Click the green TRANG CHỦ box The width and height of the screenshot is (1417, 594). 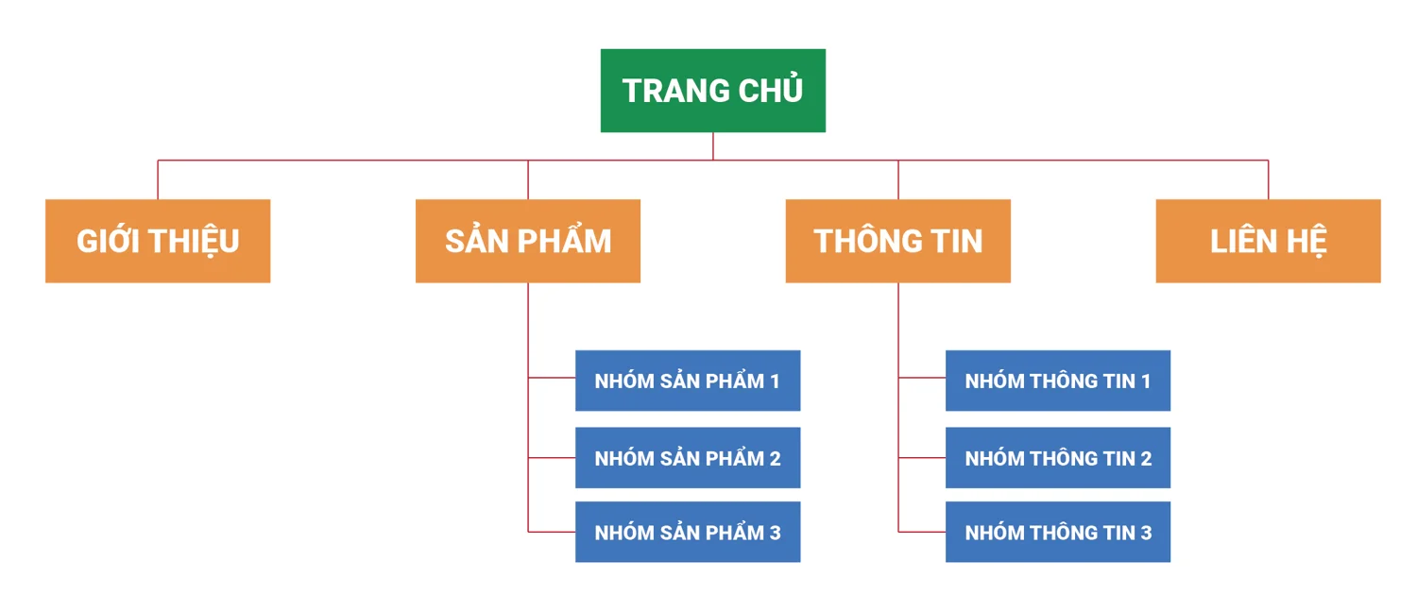click(x=713, y=91)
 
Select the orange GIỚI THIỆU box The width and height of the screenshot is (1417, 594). click(x=158, y=241)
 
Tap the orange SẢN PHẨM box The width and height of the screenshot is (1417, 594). click(x=527, y=241)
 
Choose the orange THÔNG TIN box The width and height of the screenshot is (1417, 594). click(x=897, y=241)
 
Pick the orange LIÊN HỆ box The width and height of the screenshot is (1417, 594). click(x=1269, y=241)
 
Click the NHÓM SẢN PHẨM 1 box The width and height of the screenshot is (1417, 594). click(x=688, y=381)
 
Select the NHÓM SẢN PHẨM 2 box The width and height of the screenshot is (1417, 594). click(x=688, y=457)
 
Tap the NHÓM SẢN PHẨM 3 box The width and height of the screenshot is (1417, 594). click(x=688, y=532)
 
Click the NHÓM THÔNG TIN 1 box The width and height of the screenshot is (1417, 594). click(x=1058, y=381)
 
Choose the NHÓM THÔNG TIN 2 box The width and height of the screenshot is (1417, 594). click(x=1058, y=457)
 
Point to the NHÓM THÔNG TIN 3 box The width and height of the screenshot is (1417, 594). click(x=1058, y=532)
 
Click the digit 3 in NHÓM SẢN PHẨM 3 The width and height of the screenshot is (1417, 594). click(x=775, y=533)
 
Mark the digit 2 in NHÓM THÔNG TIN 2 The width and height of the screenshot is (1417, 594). click(x=1146, y=458)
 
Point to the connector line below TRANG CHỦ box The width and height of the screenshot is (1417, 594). click(x=713, y=146)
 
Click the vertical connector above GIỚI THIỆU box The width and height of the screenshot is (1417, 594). click(x=158, y=179)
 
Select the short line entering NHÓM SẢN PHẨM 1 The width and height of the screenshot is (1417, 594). click(x=552, y=378)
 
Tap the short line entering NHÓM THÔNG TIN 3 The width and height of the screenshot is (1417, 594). click(x=922, y=532)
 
